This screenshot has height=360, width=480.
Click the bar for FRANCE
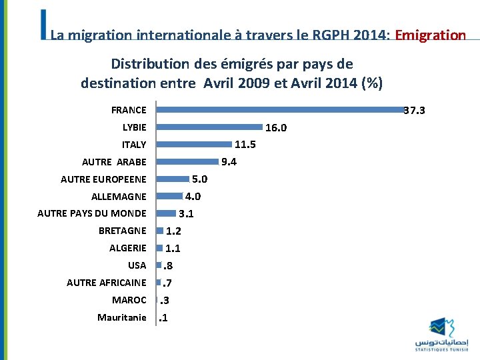[280, 109]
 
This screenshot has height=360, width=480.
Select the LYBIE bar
[209, 127]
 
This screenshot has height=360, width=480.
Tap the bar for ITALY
[194, 144]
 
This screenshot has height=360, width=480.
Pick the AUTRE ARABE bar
[187, 161]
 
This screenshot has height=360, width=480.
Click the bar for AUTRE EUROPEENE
[173, 179]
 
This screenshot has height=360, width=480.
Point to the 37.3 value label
[415, 111]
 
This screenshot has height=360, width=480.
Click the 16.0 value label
[276, 128]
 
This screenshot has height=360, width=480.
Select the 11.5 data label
[245, 145]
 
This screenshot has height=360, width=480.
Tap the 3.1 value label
[186, 214]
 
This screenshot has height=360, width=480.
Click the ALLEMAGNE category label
[119, 196]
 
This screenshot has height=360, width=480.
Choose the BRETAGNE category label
[122, 231]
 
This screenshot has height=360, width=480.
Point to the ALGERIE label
[127, 248]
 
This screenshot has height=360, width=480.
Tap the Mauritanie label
[121, 317]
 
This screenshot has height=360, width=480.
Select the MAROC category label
[129, 300]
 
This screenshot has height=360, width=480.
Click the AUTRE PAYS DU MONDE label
[91, 213]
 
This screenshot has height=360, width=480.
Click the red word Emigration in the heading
[430, 35]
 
